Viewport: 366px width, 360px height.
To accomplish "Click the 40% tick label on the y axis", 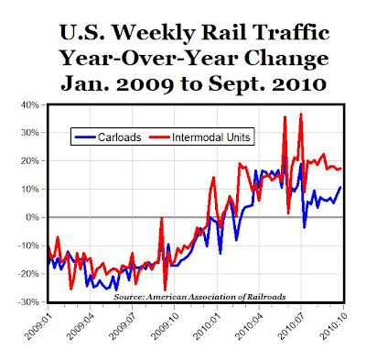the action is coord(30,105).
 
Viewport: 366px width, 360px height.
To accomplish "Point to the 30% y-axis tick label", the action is coord(30,133).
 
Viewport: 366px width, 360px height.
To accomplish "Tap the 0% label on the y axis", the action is coord(33,218).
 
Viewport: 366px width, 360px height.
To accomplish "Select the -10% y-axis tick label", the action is coord(29,245).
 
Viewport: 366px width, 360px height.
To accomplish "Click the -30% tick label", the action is coord(29,302).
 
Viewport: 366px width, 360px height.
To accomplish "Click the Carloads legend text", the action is coord(120,137).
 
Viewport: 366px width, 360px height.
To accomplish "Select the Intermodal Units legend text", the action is coord(211,137).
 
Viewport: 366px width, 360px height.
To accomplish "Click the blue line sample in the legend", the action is coord(85,137).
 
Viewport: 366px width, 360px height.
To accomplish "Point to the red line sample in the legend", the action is coord(159,137).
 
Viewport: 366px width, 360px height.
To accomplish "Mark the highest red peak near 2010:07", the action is coord(301,115).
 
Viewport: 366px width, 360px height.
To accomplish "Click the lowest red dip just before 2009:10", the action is coord(165,289).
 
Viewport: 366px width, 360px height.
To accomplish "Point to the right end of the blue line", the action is coord(340,187).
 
